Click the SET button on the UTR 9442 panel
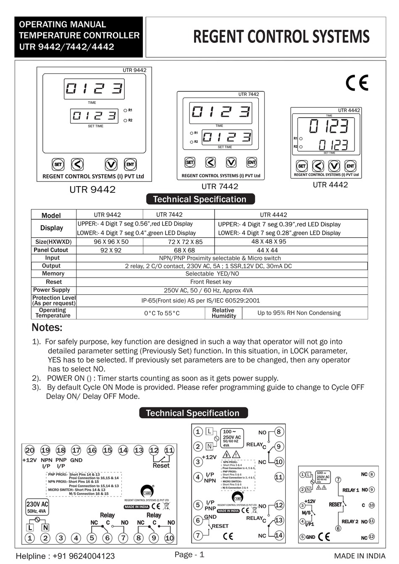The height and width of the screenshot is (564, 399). point(58,164)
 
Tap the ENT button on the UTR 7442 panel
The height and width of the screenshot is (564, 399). point(251,162)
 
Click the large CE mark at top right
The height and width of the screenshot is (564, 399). point(357,83)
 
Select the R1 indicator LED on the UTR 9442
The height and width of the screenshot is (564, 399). point(126,110)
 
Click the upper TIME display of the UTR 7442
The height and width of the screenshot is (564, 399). point(220,112)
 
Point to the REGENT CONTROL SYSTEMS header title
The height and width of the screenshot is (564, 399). point(281,37)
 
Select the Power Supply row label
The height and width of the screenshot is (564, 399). point(52,290)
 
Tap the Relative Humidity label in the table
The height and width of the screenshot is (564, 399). point(223,313)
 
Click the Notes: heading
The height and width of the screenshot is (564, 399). point(47,328)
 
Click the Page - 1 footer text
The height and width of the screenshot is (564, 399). point(189,554)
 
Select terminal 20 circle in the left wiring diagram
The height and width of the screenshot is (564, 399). point(29,450)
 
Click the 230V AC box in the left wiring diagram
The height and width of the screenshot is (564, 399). point(37,507)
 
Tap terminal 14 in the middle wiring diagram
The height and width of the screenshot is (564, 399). point(278,535)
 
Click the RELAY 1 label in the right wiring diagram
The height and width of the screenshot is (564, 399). point(350,490)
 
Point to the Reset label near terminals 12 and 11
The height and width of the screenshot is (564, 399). point(161,465)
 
